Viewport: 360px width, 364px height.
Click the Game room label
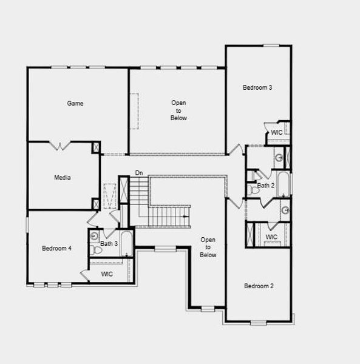tap(75, 103)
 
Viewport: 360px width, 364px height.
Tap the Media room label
tap(63, 178)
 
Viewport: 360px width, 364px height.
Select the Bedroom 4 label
tap(56, 248)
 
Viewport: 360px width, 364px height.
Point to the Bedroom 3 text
tap(257, 87)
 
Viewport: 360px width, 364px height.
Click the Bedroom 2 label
tap(259, 286)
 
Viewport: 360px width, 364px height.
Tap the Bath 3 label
tap(109, 244)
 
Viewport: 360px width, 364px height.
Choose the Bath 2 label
tap(266, 186)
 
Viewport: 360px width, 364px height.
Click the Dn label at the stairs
tap(139, 174)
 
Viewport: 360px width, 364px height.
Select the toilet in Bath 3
tap(97, 249)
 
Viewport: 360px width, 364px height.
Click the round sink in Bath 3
tap(94, 236)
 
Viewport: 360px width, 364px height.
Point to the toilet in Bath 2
tap(254, 190)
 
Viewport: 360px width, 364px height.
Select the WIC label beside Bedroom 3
tap(277, 132)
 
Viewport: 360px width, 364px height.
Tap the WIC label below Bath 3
tap(107, 274)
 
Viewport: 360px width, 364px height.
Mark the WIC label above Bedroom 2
tap(271, 237)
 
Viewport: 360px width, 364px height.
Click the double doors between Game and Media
tap(63, 146)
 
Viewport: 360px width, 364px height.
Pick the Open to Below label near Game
tap(178, 110)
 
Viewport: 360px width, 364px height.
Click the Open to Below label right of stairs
tap(208, 247)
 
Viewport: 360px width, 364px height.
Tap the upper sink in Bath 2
tap(279, 158)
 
